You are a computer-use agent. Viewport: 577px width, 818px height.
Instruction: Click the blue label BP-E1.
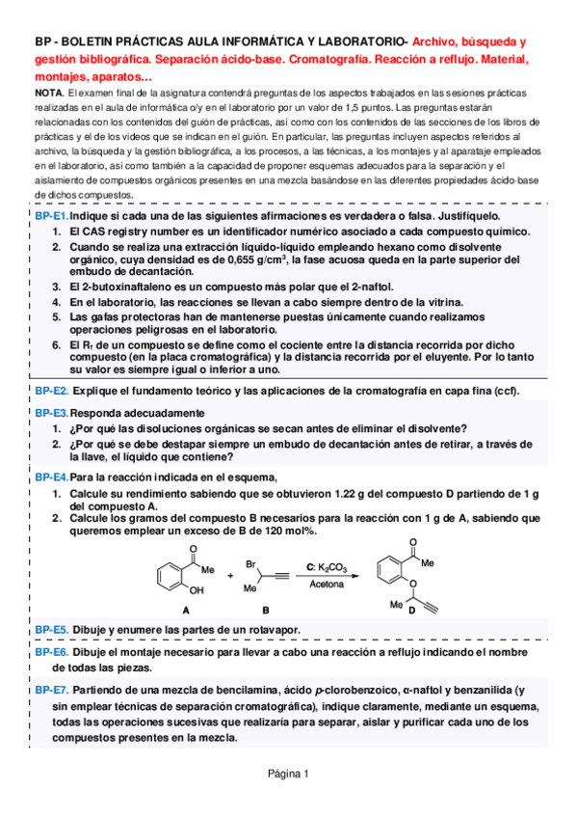tap(51, 217)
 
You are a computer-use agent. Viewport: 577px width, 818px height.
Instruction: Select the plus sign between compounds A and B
tap(229, 576)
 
